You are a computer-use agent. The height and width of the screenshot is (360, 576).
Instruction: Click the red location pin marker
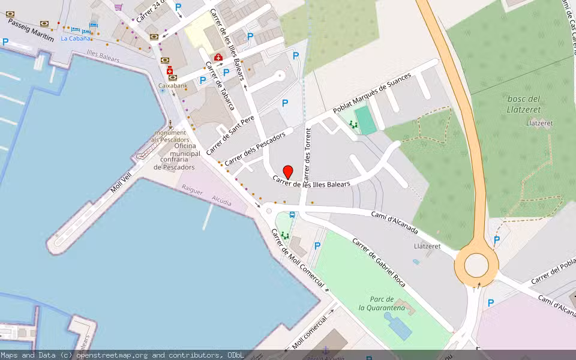click(288, 172)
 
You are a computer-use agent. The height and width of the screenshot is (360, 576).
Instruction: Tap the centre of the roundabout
click(476, 265)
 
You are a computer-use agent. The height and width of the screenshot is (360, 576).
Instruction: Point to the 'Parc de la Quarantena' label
click(382, 304)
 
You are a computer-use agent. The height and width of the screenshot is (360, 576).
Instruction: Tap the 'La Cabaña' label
click(76, 38)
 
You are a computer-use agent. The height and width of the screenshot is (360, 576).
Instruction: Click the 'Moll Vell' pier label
click(121, 182)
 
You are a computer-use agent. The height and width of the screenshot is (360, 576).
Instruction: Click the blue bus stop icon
click(292, 215)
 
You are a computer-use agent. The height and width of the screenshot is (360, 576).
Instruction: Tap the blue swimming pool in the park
click(401, 328)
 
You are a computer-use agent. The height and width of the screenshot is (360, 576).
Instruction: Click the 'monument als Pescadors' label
click(170, 136)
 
